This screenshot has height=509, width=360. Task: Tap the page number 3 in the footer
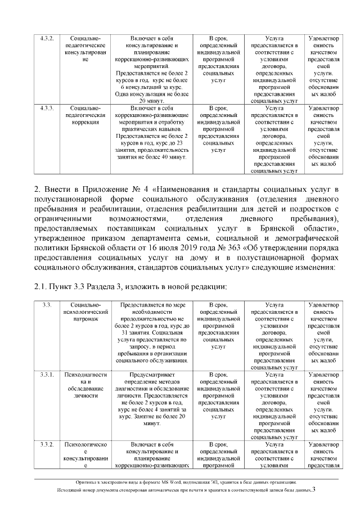click(314, 490)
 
